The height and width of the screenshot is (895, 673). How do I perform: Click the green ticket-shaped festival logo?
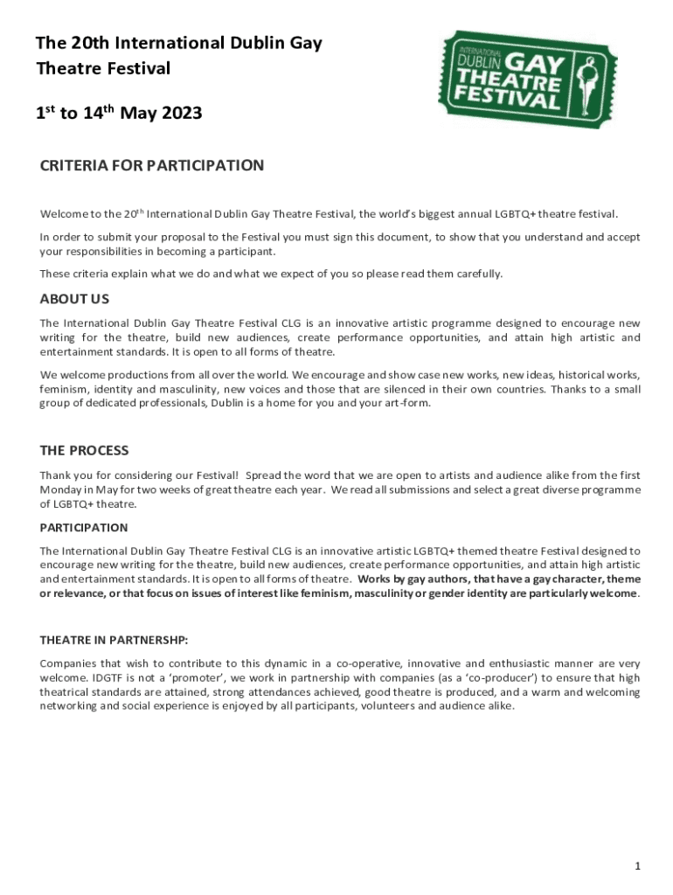pos(527,80)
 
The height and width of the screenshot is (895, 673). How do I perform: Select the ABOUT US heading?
pos(74,299)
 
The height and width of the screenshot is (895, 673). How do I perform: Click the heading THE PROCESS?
pos(84,450)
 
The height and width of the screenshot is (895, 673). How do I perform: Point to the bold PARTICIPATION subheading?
pos(84,528)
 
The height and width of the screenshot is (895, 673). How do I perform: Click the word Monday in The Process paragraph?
pos(60,489)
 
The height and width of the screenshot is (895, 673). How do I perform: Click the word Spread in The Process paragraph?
pos(263,475)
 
